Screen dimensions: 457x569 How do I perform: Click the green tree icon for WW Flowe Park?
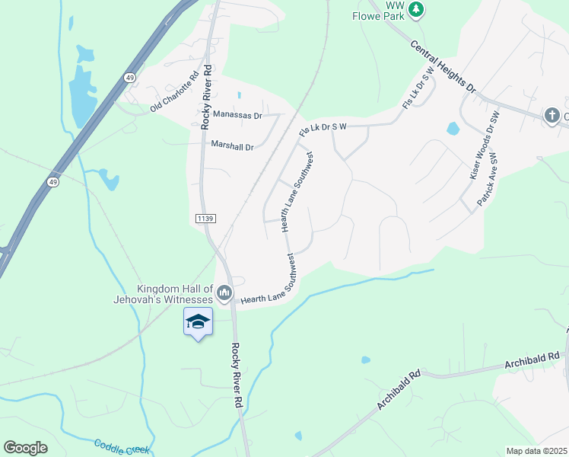pyautogui.click(x=415, y=9)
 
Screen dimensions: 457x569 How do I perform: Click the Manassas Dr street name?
pyautogui.click(x=237, y=116)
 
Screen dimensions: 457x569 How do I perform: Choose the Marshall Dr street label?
pyautogui.click(x=232, y=145)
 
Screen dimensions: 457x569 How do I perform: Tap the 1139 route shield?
pyautogui.click(x=205, y=219)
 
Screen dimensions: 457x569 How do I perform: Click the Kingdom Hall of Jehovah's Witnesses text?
pyautogui.click(x=175, y=294)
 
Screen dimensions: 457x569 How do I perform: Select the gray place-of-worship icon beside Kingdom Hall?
pyautogui.click(x=224, y=292)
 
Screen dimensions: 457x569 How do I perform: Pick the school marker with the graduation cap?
pyautogui.click(x=198, y=323)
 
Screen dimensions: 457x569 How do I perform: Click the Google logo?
pyautogui.click(x=25, y=448)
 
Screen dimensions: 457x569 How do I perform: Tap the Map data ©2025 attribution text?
pyautogui.click(x=536, y=451)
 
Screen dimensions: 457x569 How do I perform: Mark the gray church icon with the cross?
pyautogui.click(x=553, y=116)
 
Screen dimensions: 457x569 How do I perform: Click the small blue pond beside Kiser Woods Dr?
pyautogui.click(x=453, y=128)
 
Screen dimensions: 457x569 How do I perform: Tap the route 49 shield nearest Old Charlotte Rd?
pyautogui.click(x=131, y=78)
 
